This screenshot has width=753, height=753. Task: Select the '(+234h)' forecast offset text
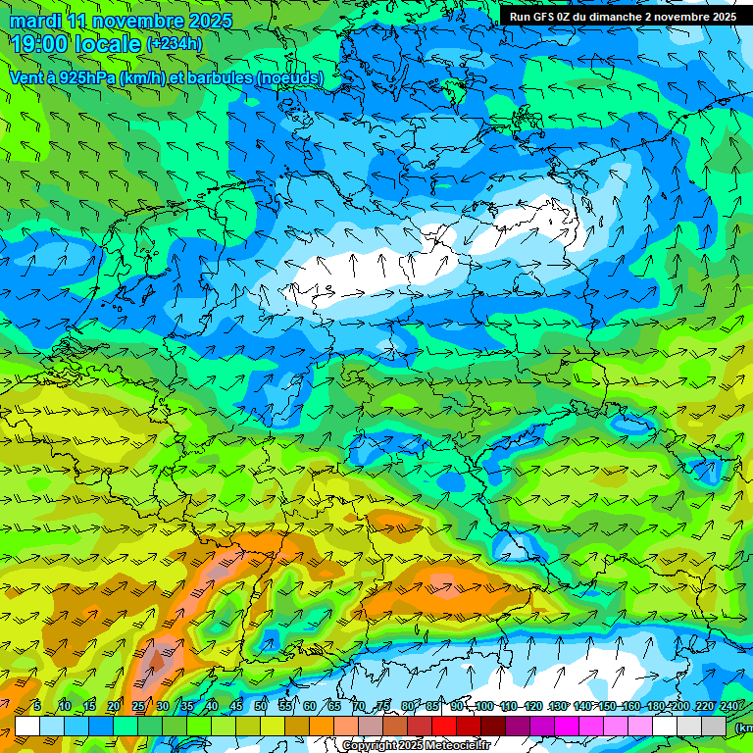(175, 44)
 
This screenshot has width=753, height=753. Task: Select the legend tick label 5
(37, 707)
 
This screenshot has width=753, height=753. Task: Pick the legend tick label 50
(261, 707)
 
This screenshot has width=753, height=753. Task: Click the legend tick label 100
(484, 707)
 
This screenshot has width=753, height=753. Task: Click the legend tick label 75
(384, 707)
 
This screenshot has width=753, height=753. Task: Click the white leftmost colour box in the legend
(26, 726)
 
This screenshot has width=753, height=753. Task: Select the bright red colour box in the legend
(444, 726)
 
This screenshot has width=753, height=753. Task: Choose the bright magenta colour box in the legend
(568, 726)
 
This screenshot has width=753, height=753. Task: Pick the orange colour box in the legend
(322, 726)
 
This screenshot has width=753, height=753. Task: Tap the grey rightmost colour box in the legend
(715, 726)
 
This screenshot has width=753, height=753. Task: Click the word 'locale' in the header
(109, 44)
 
